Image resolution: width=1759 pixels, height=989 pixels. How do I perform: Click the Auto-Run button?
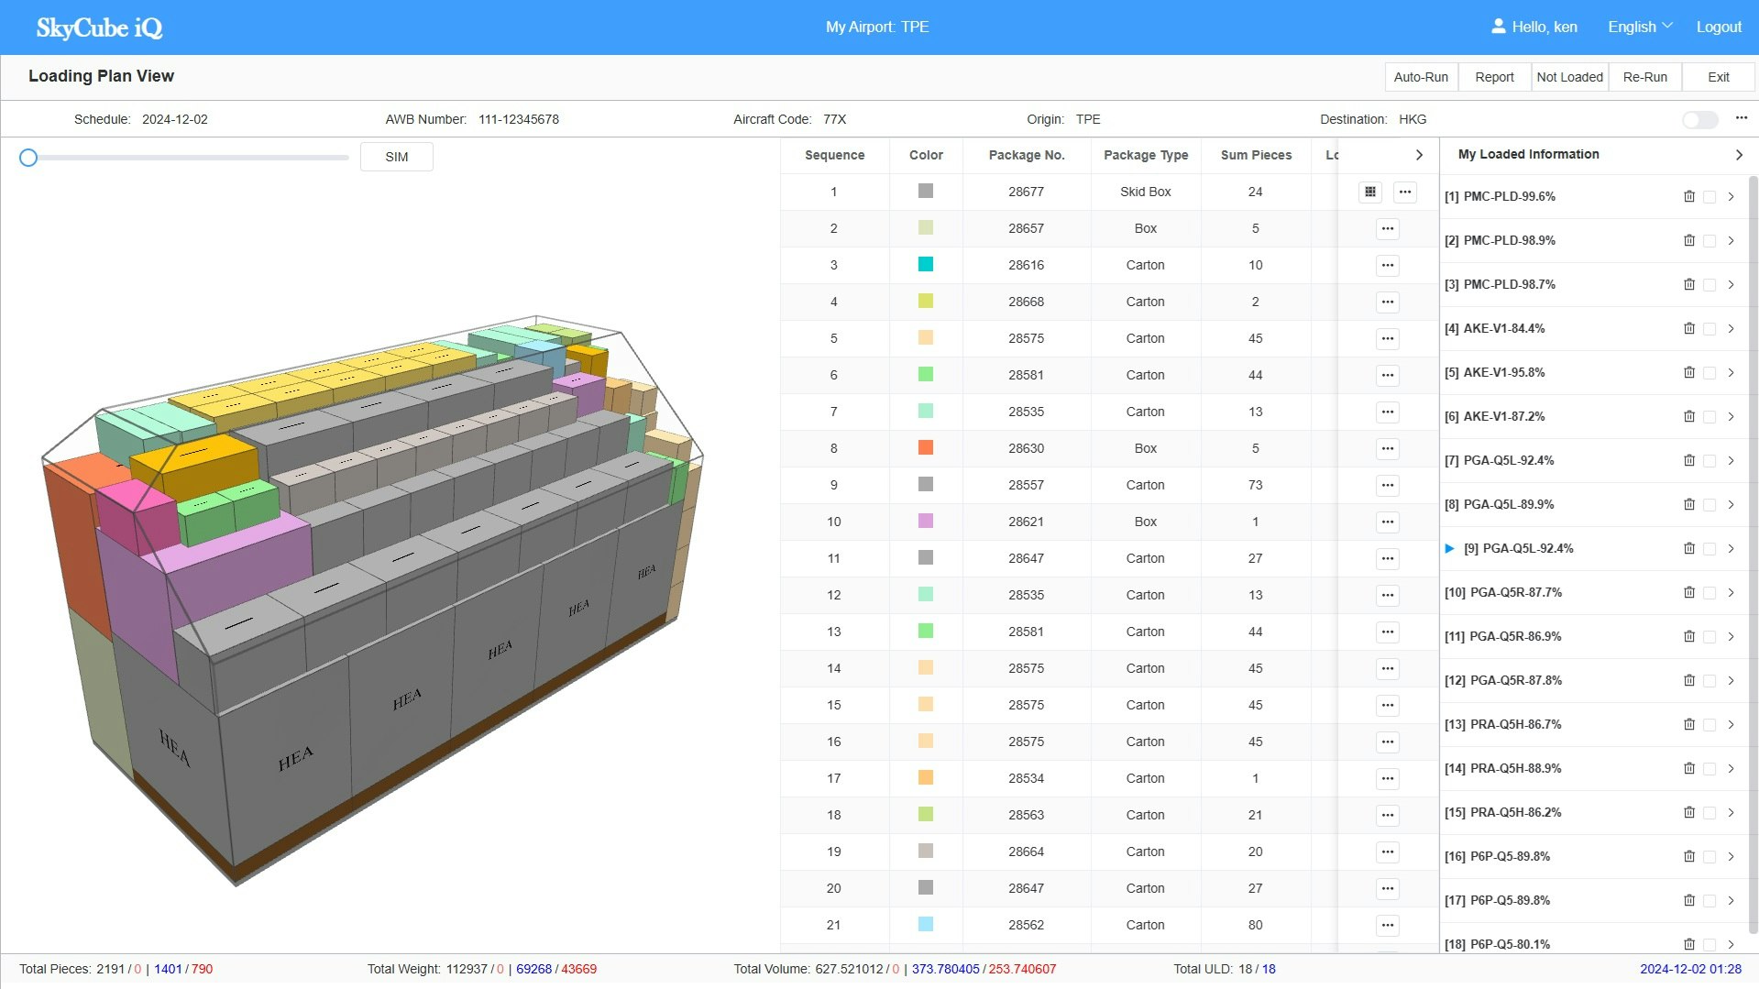[x=1421, y=77]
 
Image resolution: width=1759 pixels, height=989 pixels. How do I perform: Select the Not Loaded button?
[x=1569, y=77]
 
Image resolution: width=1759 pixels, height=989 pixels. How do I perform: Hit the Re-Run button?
[x=1644, y=77]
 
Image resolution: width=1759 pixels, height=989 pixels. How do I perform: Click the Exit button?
[x=1718, y=77]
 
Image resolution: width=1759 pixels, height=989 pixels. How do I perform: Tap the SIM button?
[x=396, y=157]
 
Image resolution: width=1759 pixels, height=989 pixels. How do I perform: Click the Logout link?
[x=1718, y=27]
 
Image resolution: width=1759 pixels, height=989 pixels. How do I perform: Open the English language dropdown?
[x=1639, y=27]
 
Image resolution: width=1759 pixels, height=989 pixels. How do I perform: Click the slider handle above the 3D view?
[x=28, y=158]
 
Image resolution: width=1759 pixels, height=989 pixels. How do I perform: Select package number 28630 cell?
[x=1026, y=448]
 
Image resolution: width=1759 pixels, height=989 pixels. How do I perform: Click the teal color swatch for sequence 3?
[x=925, y=265]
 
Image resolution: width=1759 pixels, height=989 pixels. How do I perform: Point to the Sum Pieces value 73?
[x=1255, y=485]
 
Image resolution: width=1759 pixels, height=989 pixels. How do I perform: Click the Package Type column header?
[x=1145, y=155]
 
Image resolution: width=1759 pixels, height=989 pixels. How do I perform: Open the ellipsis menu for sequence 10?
[x=1387, y=522]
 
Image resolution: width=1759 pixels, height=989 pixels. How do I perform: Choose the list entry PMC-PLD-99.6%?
[x=1509, y=196]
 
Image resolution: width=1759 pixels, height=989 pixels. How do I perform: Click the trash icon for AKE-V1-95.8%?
[x=1688, y=372]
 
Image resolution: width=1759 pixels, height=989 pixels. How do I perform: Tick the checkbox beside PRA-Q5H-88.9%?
[x=1710, y=769]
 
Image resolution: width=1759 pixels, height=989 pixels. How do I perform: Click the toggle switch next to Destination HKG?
[x=1699, y=120]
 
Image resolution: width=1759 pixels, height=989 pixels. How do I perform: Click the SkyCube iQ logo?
[x=99, y=27]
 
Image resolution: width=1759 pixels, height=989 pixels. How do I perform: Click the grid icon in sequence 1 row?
[x=1369, y=192]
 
